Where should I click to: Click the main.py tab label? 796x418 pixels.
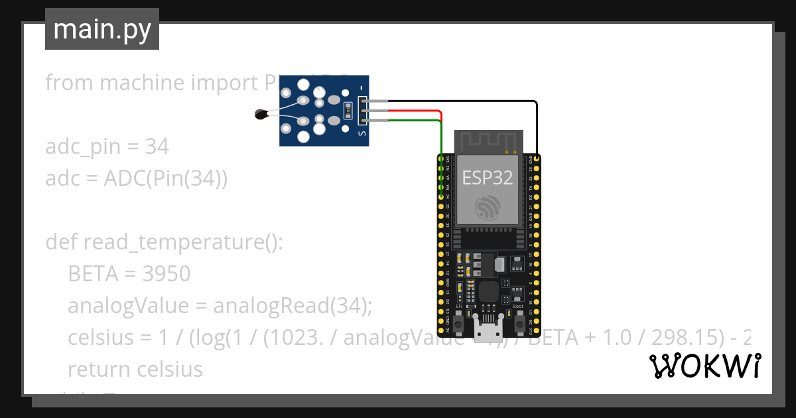coord(101,29)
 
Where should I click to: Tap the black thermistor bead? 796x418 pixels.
coord(261,115)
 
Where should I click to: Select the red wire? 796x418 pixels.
coord(411,111)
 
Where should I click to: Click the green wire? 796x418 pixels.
coord(411,120)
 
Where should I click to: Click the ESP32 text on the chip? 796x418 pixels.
coord(487,178)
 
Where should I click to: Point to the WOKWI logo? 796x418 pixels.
coord(704,366)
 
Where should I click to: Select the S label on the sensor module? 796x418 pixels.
coord(362,133)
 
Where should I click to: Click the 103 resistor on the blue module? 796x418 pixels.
coord(347,111)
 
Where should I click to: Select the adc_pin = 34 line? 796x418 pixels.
coord(107,146)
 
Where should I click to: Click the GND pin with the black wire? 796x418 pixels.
coord(536,159)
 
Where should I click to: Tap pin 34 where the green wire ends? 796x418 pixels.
coord(441,196)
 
